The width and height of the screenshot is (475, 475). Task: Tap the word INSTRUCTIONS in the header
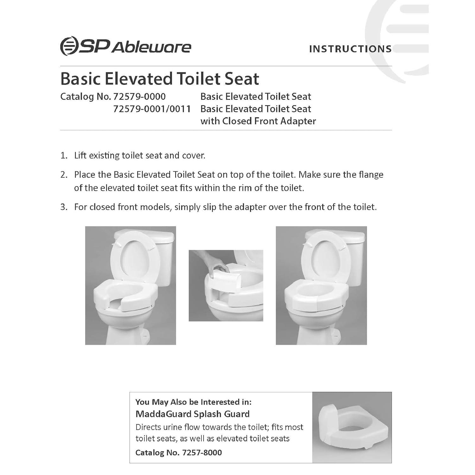point(350,49)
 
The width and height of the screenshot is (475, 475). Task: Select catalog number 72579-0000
point(139,97)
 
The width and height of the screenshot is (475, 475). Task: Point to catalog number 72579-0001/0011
point(152,109)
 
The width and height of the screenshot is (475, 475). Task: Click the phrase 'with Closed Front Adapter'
point(258,121)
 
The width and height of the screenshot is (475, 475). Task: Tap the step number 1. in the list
point(64,156)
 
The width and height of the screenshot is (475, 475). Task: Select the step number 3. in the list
point(64,207)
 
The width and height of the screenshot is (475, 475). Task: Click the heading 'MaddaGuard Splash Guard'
point(193,414)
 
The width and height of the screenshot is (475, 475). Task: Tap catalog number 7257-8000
point(202,453)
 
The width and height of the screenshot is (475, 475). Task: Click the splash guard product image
point(351,427)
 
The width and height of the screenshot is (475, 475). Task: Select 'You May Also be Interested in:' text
point(193,402)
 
